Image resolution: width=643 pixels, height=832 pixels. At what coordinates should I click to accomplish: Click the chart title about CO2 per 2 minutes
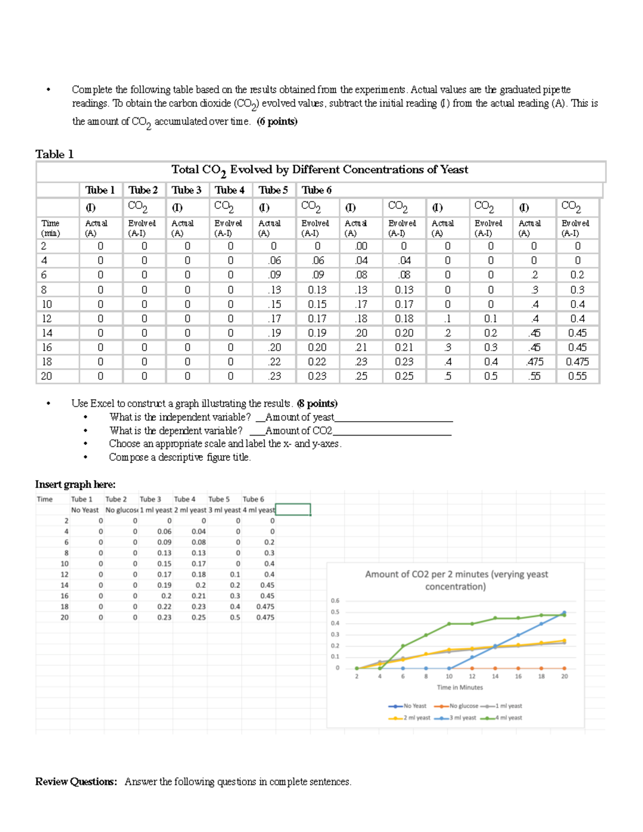pyautogui.click(x=456, y=580)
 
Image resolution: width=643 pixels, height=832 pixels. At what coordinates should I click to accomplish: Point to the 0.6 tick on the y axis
pyautogui.click(x=335, y=601)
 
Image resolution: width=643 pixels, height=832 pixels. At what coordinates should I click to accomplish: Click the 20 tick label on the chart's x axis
pyautogui.click(x=564, y=677)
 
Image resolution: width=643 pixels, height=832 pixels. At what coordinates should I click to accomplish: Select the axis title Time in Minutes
pyautogui.click(x=460, y=687)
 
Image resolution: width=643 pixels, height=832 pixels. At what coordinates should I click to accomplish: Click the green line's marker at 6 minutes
pyautogui.click(x=403, y=646)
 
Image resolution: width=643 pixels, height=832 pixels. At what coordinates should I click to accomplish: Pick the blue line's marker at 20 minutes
pyautogui.click(x=564, y=612)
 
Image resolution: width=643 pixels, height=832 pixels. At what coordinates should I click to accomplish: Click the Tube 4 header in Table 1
pyautogui.click(x=229, y=190)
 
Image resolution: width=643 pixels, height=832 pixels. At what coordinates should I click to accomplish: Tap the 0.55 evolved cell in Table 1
pyautogui.click(x=577, y=376)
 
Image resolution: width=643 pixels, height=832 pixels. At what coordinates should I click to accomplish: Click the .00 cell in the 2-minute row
pyautogui.click(x=361, y=246)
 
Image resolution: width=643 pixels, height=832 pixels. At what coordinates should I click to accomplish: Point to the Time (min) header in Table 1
pyautogui.click(x=50, y=228)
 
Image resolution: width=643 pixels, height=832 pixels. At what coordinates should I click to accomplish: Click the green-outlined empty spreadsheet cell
pyautogui.click(x=293, y=509)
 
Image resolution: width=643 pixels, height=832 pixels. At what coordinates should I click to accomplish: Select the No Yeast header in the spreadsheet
pyautogui.click(x=85, y=510)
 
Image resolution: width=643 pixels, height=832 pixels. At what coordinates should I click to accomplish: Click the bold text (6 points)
pyautogui.click(x=277, y=122)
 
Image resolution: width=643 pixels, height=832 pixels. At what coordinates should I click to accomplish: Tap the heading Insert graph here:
pyautogui.click(x=76, y=484)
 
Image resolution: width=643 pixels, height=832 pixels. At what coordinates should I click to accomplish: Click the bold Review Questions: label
pyautogui.click(x=76, y=782)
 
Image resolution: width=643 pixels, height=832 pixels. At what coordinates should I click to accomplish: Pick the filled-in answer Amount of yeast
pyautogui.click(x=300, y=417)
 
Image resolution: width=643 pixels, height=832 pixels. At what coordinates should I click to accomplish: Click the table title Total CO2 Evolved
pyautogui.click(x=319, y=170)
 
